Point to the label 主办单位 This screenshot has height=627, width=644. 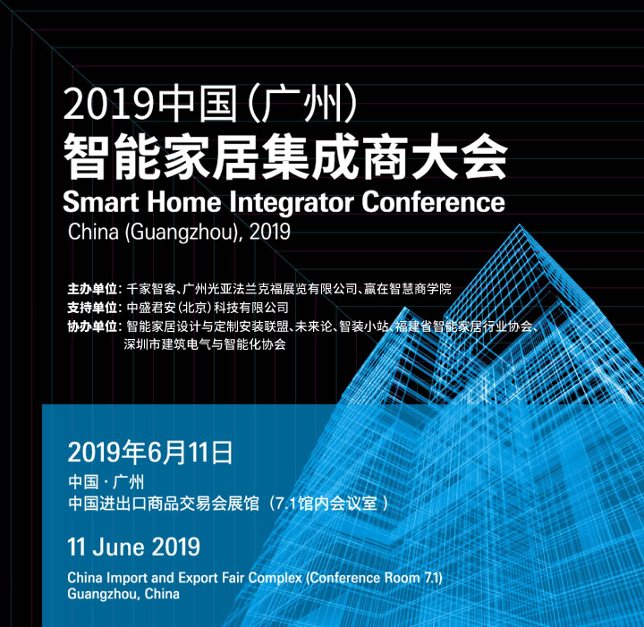pyautogui.click(x=93, y=289)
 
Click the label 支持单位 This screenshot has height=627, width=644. pyautogui.click(x=93, y=307)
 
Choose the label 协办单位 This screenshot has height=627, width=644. pyautogui.click(x=93, y=326)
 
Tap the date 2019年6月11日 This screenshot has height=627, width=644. pyautogui.click(x=150, y=453)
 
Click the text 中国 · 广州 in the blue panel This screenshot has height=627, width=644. pyautogui.click(x=106, y=482)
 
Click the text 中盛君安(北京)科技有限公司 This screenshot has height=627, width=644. pyautogui.click(x=208, y=307)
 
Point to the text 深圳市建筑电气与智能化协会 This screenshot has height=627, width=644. pyautogui.click(x=205, y=344)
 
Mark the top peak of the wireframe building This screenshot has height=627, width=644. pyautogui.click(x=520, y=225)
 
